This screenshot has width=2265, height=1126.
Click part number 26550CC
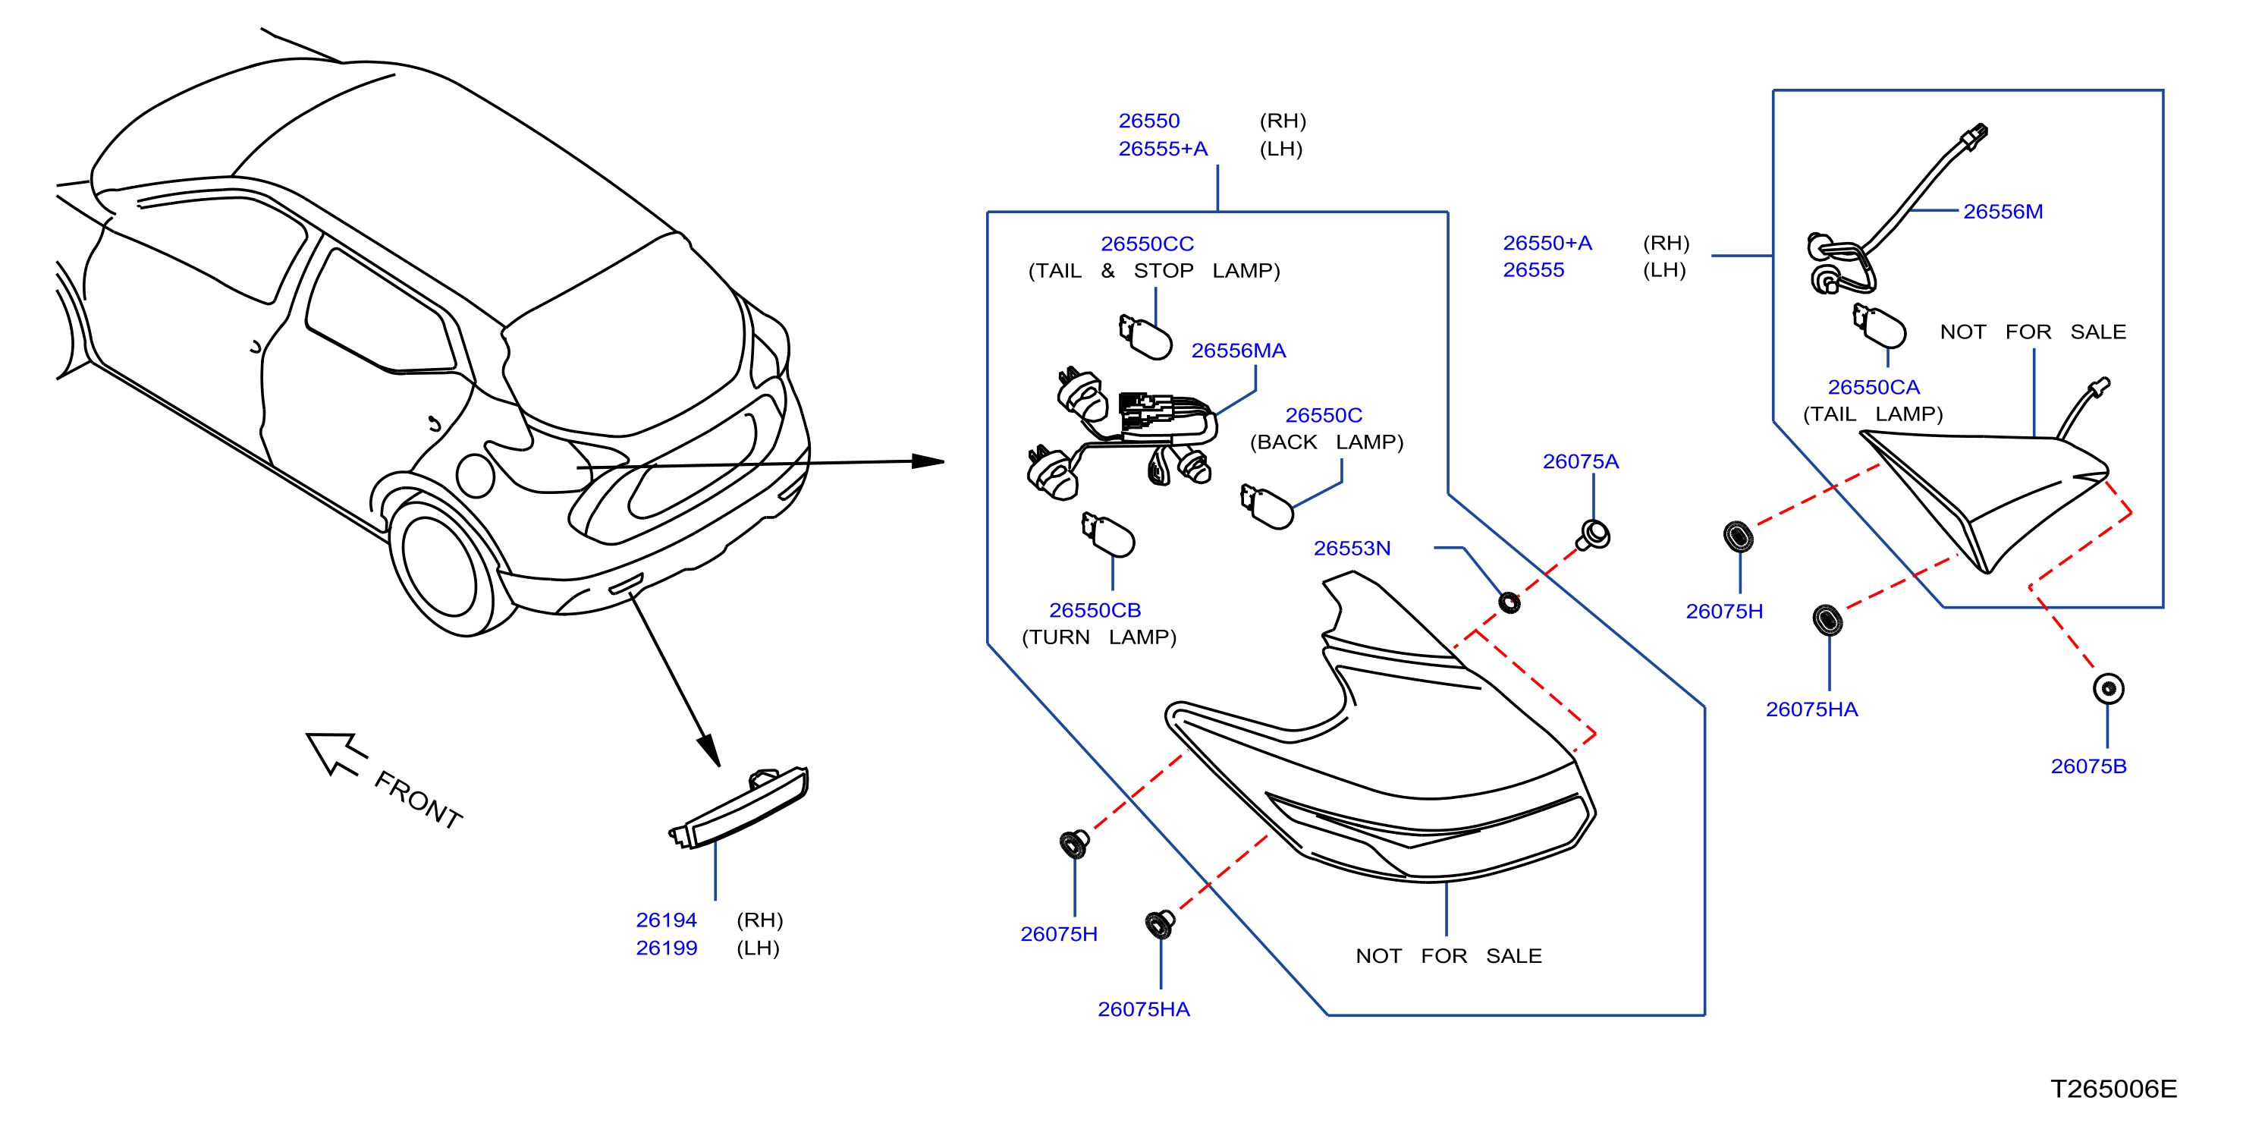point(1147,244)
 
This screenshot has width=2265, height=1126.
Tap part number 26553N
point(1352,548)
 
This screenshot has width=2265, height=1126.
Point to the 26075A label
point(1580,462)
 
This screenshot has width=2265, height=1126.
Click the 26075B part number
point(2088,766)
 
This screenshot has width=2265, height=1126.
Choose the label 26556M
point(2003,212)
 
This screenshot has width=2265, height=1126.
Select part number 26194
point(667,920)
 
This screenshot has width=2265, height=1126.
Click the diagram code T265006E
point(2114,1089)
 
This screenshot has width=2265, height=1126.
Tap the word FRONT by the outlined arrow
point(419,800)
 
